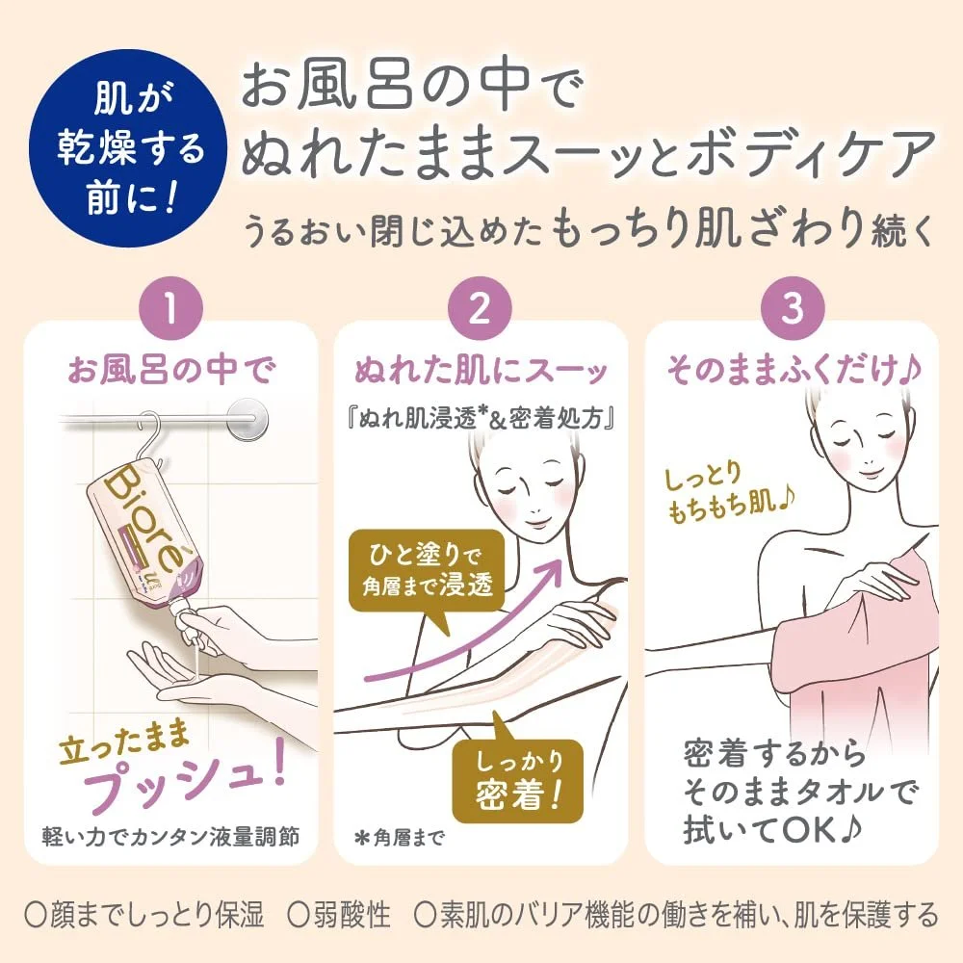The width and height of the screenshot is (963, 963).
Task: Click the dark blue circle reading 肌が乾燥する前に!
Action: click(130, 148)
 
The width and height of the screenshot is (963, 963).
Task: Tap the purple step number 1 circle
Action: click(171, 308)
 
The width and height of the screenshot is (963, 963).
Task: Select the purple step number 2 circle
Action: click(480, 308)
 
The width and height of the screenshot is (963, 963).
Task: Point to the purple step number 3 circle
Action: click(793, 308)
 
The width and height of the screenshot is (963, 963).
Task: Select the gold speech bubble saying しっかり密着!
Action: click(517, 776)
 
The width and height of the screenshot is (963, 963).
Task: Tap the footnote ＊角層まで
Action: click(400, 838)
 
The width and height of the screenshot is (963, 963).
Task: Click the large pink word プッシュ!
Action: click(184, 777)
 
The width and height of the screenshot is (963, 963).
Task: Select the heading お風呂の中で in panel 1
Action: click(171, 371)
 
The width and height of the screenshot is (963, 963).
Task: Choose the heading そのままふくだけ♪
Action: click(794, 371)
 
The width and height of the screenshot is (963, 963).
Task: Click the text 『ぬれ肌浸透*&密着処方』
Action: click(480, 419)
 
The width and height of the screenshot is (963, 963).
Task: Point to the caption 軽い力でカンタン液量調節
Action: click(170, 837)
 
